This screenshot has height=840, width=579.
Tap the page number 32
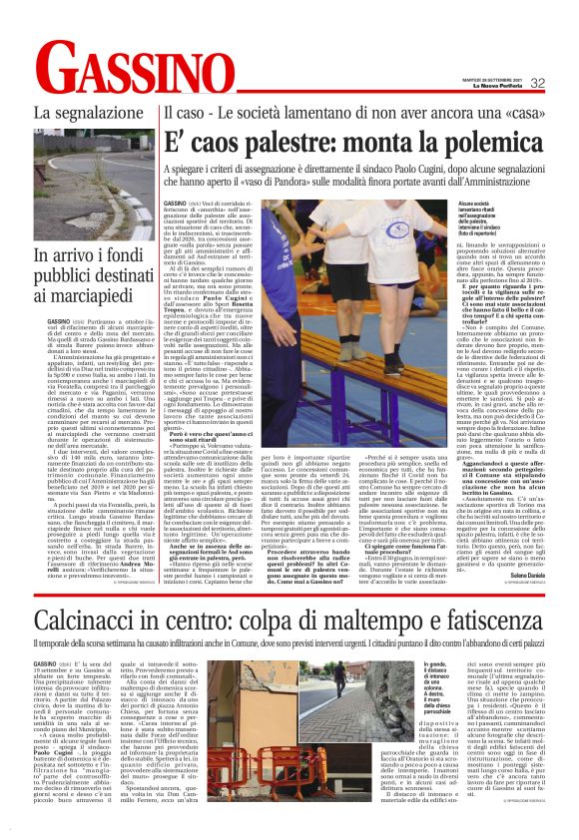pos(565,84)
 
